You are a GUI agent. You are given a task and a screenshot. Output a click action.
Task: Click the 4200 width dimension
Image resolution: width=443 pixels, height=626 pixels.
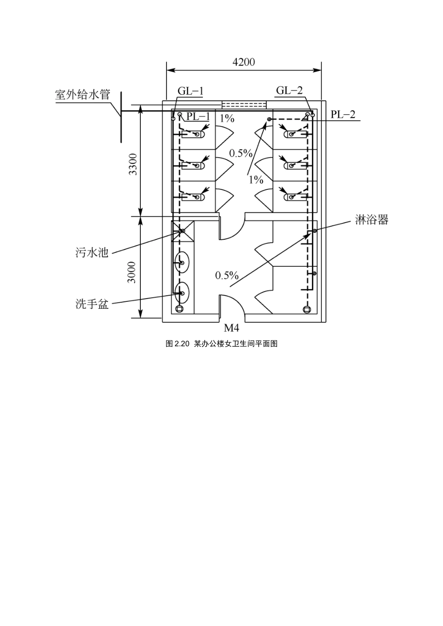[243, 62]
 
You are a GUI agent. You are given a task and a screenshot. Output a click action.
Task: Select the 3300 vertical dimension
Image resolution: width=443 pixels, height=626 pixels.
[133, 164]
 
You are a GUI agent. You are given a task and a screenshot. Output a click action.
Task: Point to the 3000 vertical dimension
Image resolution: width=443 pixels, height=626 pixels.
[132, 272]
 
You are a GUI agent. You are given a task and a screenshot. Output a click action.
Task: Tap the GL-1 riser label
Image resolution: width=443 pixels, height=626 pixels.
[191, 91]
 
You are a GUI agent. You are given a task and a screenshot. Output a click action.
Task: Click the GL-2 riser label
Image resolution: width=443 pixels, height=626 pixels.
[290, 90]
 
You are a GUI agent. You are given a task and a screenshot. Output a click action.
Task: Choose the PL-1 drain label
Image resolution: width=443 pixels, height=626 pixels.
[198, 116]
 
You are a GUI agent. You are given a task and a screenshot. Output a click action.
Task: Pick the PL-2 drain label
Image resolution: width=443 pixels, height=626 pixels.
[343, 114]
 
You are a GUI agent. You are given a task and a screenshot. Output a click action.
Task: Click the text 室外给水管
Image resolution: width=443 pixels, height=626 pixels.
[83, 95]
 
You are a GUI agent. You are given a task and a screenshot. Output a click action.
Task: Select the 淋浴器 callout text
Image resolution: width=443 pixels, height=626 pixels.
[372, 220]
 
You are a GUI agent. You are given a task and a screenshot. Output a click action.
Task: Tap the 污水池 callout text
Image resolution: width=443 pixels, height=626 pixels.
[91, 253]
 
